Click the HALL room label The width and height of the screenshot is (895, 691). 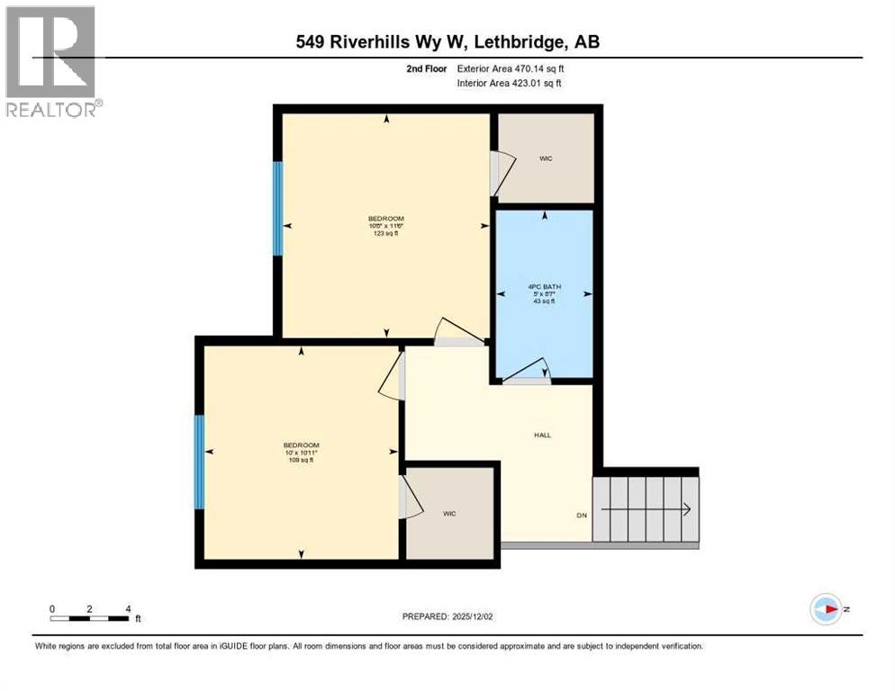tap(542, 435)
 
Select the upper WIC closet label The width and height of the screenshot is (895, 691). tap(546, 158)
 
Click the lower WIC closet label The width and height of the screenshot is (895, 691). tap(449, 513)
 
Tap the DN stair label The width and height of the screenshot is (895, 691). tap(582, 516)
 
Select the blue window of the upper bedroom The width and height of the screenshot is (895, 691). tap(278, 208)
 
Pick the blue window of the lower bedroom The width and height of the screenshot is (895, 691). tap(200, 462)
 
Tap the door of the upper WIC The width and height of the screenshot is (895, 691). tap(501, 172)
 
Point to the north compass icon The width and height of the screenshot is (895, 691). tap(826, 609)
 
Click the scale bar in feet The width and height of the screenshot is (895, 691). tap(89, 618)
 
